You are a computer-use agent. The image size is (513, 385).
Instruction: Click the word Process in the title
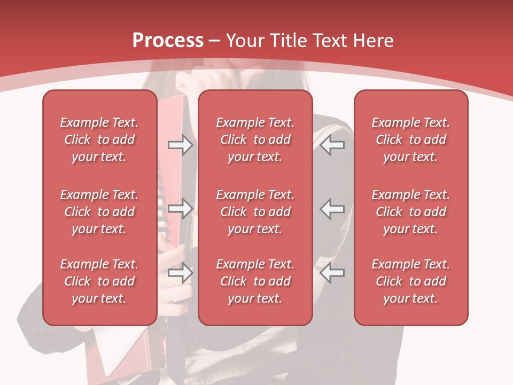point(168,41)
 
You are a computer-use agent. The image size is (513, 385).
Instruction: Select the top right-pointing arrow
point(180,145)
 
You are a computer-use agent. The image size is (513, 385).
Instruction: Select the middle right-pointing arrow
point(180,209)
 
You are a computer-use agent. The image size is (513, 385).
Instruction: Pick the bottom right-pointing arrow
point(180,273)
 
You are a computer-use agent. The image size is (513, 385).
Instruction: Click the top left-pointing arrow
point(332,145)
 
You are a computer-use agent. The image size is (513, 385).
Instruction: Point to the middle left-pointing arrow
point(332,209)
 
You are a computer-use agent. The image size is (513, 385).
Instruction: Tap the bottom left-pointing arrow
point(332,273)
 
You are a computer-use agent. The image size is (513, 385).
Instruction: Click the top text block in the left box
point(99,140)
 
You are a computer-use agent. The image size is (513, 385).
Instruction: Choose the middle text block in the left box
point(99,212)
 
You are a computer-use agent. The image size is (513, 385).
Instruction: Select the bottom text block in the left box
point(99,281)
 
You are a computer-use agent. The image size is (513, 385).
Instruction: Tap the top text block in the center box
point(255,140)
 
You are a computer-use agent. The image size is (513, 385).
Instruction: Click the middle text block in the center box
point(255,212)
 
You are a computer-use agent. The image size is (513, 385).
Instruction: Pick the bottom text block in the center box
point(255,281)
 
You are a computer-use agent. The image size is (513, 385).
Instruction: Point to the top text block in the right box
point(410,140)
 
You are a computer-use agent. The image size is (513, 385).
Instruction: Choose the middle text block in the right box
point(410,212)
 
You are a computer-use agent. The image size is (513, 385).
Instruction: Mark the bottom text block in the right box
point(410,281)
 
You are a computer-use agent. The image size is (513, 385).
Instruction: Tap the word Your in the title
point(244,41)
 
